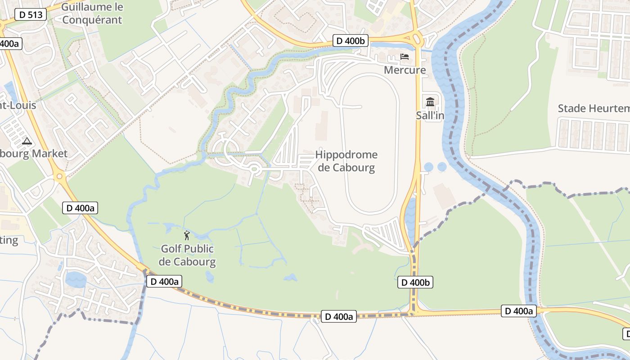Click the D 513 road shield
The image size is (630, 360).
click(x=31, y=14)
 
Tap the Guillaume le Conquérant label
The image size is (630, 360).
click(x=92, y=13)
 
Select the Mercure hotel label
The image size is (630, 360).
click(x=405, y=70)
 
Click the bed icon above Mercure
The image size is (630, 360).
click(x=405, y=57)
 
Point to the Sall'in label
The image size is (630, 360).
click(x=430, y=116)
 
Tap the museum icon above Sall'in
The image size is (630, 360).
click(x=430, y=102)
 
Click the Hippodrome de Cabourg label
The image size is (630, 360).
click(x=346, y=161)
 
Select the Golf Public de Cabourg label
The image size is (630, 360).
click(x=187, y=255)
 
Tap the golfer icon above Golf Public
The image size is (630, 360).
click(x=187, y=235)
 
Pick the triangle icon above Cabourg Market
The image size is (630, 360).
click(x=27, y=141)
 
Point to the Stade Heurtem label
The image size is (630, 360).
click(x=593, y=108)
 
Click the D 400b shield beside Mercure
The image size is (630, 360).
click(x=351, y=41)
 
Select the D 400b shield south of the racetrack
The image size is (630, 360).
click(x=415, y=283)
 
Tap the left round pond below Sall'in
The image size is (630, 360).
click(x=428, y=167)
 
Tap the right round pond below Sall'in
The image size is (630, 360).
click(x=442, y=167)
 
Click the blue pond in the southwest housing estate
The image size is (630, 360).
click(x=76, y=279)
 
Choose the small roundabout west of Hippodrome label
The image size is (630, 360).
click(x=254, y=169)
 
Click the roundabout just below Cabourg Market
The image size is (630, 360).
click(x=59, y=175)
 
